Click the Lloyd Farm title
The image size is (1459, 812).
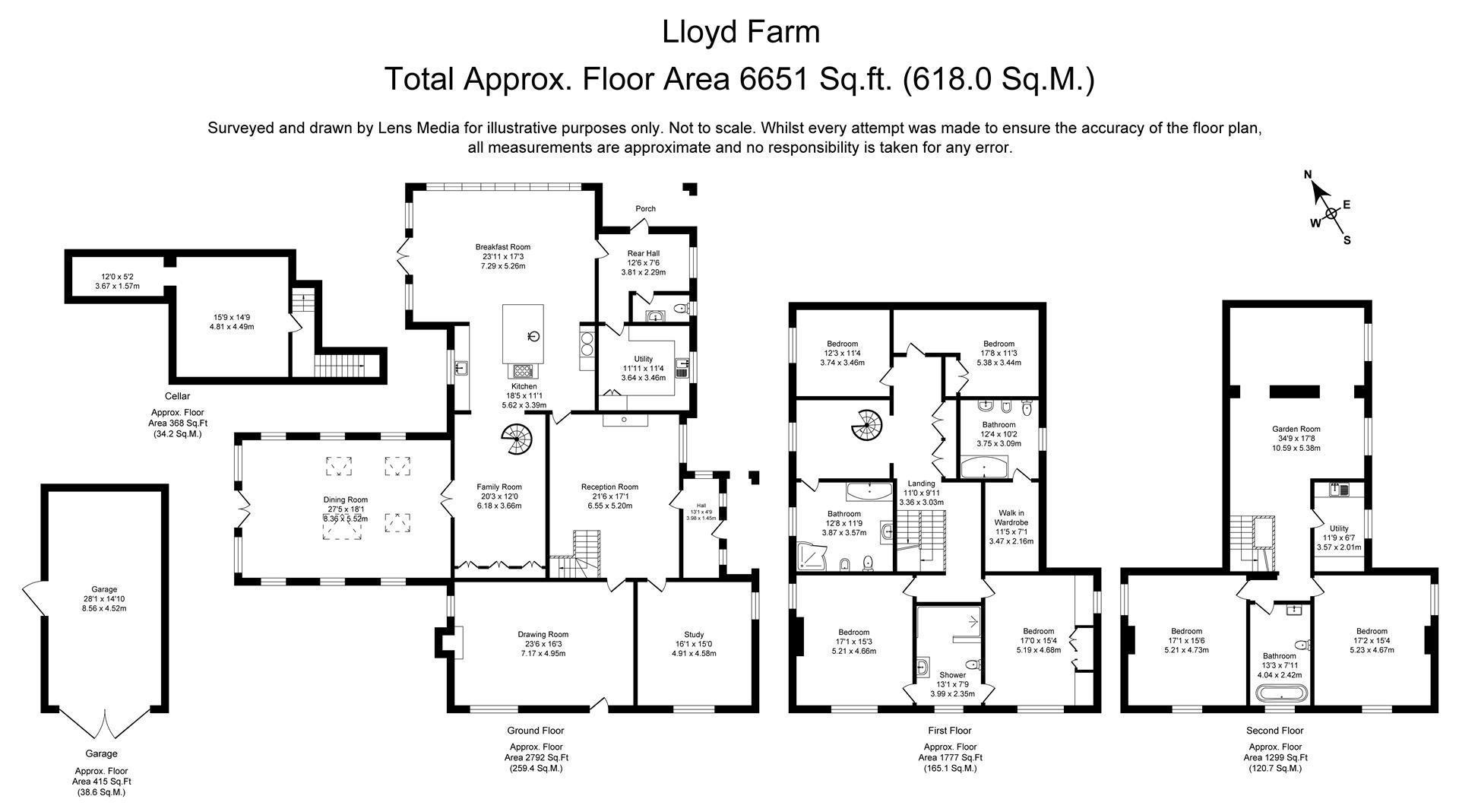(741, 33)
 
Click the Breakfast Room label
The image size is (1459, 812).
(502, 247)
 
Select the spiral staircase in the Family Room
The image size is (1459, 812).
(517, 439)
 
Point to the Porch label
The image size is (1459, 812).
(645, 209)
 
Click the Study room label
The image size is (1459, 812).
(694, 635)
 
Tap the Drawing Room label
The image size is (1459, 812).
(543, 635)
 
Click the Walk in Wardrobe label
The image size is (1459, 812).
(1011, 518)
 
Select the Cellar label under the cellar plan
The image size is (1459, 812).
(177, 396)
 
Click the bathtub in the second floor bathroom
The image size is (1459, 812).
(1282, 693)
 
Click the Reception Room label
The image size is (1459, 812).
(609, 487)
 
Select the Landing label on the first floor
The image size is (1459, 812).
(921, 484)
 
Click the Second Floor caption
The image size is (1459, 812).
(1274, 731)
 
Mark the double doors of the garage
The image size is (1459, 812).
(106, 722)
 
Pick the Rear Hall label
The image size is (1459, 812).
(643, 253)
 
